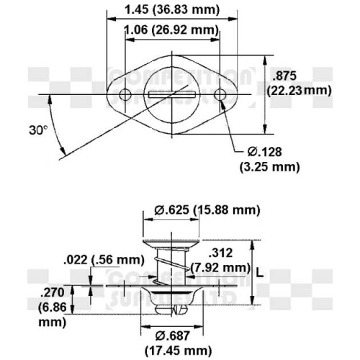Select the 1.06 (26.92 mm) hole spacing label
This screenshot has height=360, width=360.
coord(171,30)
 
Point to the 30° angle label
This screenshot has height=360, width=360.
coord(38,130)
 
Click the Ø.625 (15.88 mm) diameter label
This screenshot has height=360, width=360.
coord(207,210)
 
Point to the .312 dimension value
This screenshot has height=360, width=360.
coord(220,253)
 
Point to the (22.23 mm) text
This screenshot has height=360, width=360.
coord(298,91)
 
